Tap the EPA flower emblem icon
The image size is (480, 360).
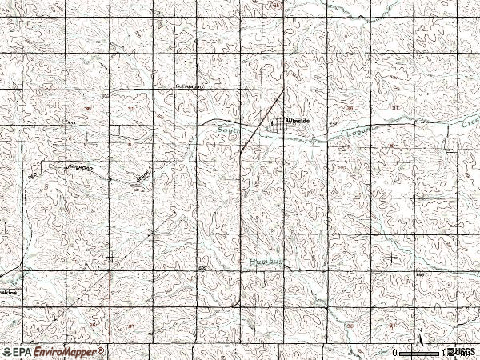tap(7, 352)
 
